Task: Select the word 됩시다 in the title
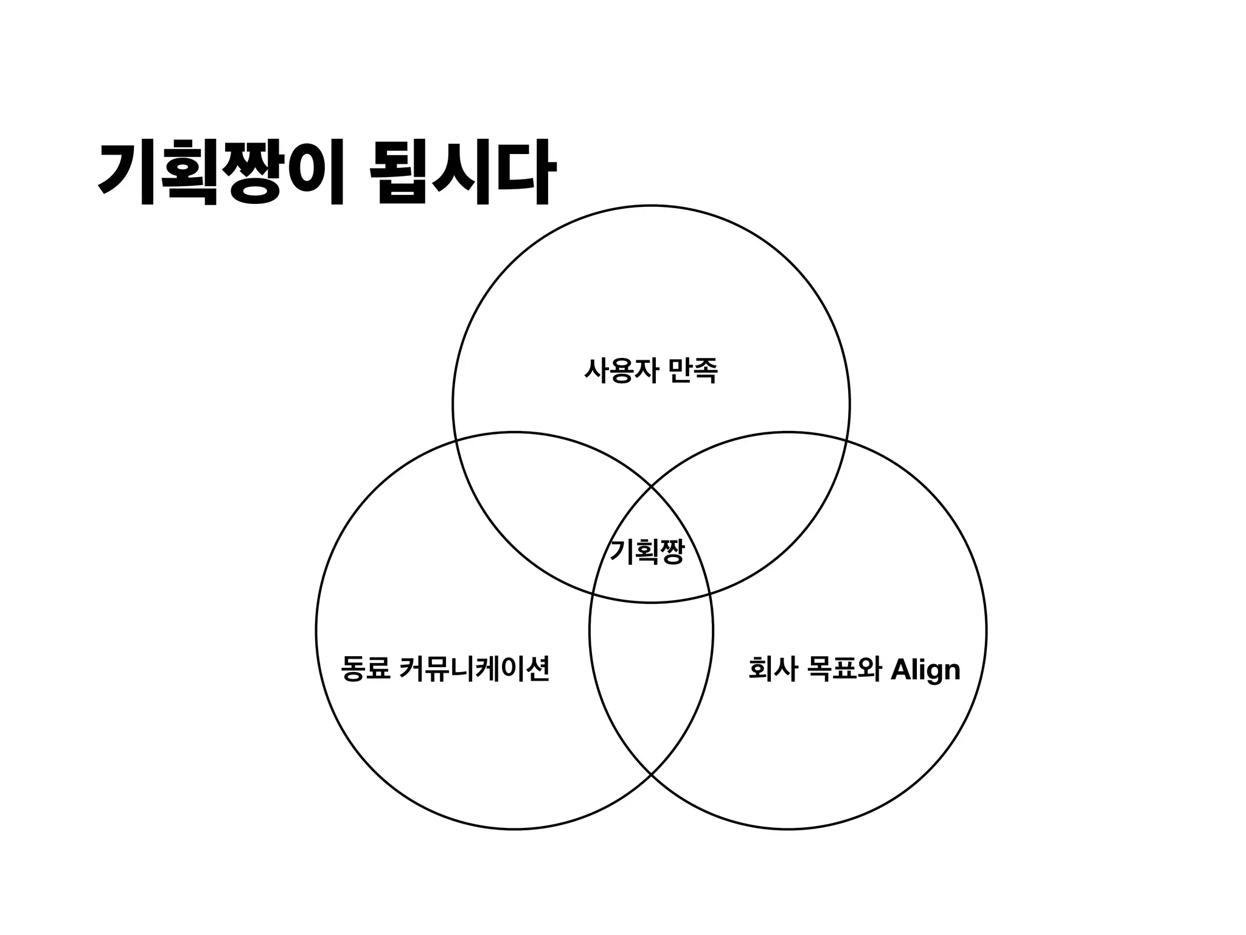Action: coord(462,173)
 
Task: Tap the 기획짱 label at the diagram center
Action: coord(647,552)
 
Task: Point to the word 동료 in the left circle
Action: coord(365,669)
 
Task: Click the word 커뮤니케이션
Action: coord(475,669)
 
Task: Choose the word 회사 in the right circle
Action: coord(772,669)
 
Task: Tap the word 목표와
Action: coord(843,669)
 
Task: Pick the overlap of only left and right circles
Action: coord(651,676)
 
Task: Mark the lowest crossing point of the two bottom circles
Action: coord(651,774)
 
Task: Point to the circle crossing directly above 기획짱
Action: coord(651,486)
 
